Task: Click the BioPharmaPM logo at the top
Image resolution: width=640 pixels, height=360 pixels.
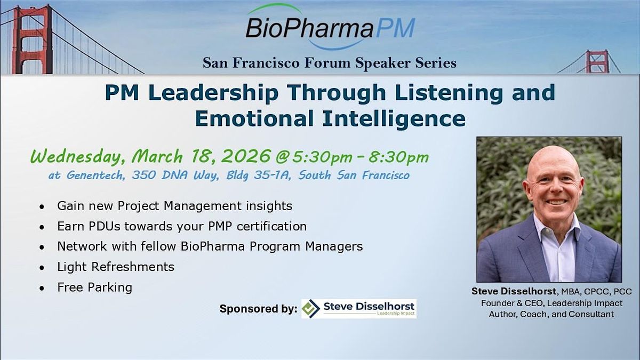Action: [x=330, y=27]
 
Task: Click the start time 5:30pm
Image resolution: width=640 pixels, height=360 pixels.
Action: [x=322, y=157]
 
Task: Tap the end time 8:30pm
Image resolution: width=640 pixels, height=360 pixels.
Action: [x=398, y=157]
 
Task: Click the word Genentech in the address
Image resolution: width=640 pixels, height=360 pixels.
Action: [x=95, y=175]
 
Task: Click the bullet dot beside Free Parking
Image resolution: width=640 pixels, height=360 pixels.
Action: [x=42, y=289]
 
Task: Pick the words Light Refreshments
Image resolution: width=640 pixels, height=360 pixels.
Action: [x=116, y=267]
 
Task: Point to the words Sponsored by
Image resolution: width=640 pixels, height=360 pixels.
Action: [x=258, y=309]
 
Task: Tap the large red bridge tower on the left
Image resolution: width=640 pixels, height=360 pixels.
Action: [x=32, y=40]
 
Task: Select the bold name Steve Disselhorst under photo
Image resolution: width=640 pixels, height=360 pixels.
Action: [x=514, y=291]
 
